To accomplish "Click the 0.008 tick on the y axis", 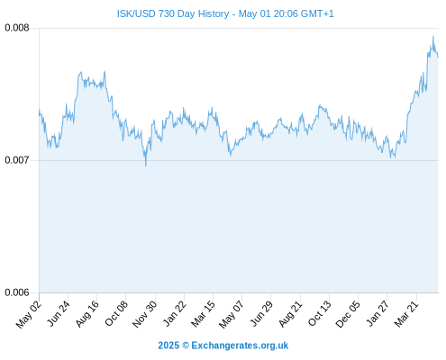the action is (17, 28).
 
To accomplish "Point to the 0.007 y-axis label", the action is (17, 160).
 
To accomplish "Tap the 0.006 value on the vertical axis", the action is (17, 292).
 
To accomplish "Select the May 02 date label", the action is (28, 314).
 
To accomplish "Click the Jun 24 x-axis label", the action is (59, 313).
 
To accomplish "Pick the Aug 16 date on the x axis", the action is (87, 314).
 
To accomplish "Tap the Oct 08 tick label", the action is (116, 313).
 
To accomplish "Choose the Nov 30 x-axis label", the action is (144, 314).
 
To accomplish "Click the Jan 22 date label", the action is (175, 313).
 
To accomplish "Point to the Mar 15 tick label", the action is (203, 314).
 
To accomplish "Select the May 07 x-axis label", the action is (231, 314).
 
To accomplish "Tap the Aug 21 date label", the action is (290, 314).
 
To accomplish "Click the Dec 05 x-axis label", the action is (348, 314).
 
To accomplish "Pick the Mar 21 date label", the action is (406, 314).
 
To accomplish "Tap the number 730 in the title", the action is (167, 13).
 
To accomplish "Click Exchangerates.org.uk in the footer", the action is (240, 346).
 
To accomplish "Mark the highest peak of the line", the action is (433, 36).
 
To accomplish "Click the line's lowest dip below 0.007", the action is (146, 166).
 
